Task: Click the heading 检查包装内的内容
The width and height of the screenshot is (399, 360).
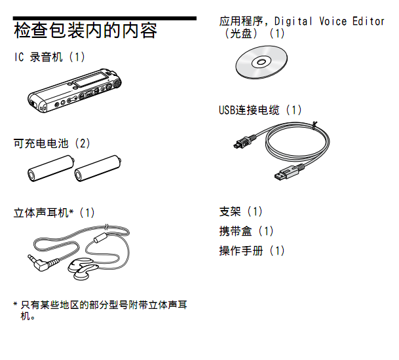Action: click(x=85, y=31)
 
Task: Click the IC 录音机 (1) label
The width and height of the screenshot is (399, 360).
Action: click(x=50, y=57)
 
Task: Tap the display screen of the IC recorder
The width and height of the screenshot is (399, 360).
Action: click(x=90, y=79)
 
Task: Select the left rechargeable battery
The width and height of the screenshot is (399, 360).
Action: click(x=51, y=168)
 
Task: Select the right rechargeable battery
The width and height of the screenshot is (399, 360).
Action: click(x=98, y=168)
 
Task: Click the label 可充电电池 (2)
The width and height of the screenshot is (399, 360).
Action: click(x=52, y=143)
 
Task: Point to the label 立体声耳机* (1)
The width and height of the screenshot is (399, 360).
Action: click(x=54, y=213)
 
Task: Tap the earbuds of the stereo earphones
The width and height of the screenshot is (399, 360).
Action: click(x=83, y=269)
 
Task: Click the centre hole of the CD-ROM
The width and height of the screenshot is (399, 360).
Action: click(x=261, y=62)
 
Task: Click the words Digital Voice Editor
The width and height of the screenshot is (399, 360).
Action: click(x=330, y=22)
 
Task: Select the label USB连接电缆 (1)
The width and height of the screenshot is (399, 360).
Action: click(x=260, y=110)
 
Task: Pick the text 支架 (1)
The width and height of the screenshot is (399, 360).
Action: click(x=240, y=211)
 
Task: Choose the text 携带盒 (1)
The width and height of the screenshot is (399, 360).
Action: click(x=246, y=231)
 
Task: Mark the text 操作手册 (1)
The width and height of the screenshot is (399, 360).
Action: click(x=252, y=251)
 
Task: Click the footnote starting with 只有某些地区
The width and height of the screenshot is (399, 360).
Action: click(x=100, y=310)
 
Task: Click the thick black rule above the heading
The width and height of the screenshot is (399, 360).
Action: click(x=105, y=18)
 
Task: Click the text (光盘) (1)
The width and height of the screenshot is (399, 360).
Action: click(x=254, y=33)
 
